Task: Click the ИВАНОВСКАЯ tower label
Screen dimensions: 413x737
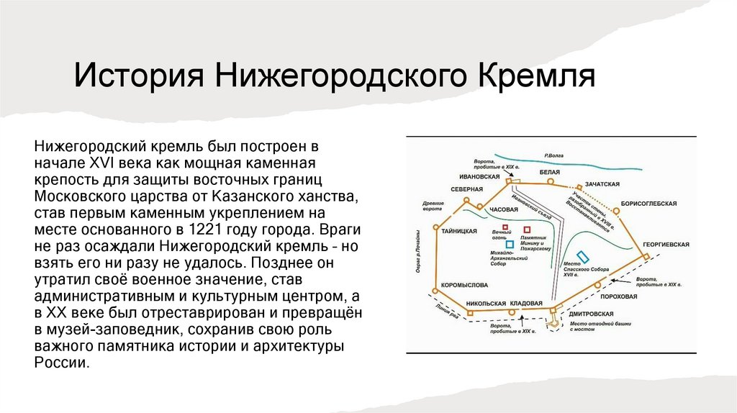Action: [479, 176]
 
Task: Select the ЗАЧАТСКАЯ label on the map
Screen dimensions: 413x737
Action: [602, 184]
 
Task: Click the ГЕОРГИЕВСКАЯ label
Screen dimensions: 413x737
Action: [666, 245]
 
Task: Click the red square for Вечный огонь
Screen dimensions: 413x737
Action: [505, 227]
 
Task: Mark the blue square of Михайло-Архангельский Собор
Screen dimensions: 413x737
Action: [510, 244]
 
